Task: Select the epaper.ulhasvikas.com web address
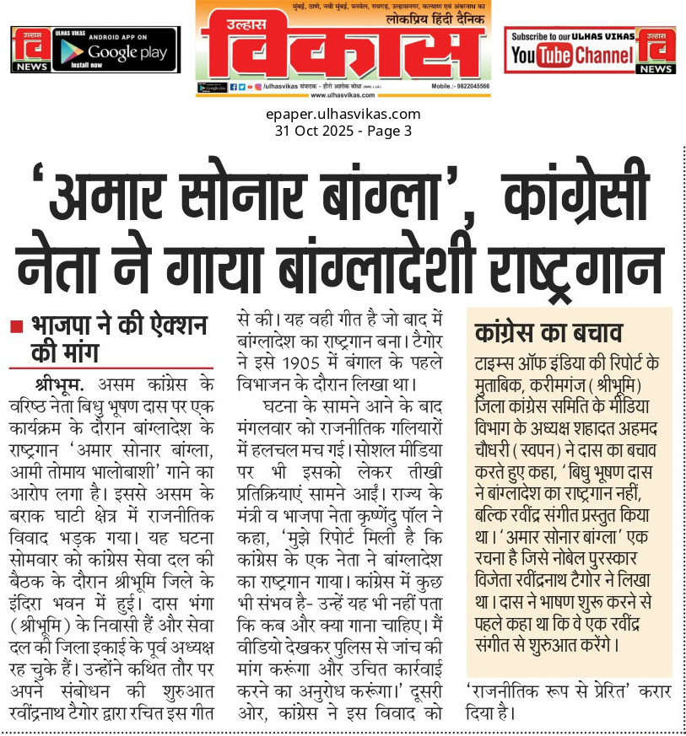click(343, 115)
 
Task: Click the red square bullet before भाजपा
click(17, 326)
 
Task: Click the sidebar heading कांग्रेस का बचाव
click(548, 330)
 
